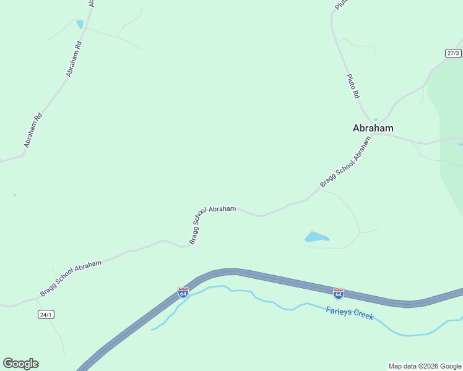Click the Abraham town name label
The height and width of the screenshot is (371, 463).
click(x=373, y=128)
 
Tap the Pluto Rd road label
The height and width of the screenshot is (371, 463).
click(x=352, y=86)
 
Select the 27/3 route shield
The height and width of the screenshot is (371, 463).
click(x=453, y=53)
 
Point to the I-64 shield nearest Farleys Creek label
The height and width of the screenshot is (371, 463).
click(x=338, y=293)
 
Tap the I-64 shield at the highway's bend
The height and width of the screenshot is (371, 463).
click(x=183, y=292)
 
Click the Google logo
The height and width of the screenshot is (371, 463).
click(x=20, y=364)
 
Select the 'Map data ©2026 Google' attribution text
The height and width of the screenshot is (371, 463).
click(x=425, y=366)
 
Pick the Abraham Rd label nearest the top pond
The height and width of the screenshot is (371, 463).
click(x=74, y=59)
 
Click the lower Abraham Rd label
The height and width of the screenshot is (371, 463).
click(x=33, y=130)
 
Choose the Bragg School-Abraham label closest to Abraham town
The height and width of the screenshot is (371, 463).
click(x=346, y=163)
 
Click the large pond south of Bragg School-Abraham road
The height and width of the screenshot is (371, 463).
click(x=316, y=237)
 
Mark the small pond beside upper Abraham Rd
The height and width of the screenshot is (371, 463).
click(x=79, y=24)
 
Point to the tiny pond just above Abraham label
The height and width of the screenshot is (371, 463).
click(x=376, y=119)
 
